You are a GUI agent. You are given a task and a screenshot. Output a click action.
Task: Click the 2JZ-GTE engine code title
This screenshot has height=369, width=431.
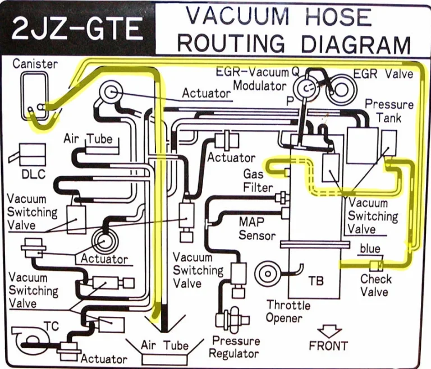click(77, 29)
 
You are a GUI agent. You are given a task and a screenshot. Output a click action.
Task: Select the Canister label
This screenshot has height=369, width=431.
click(35, 63)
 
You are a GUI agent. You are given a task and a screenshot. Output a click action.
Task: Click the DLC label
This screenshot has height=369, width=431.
click(33, 174)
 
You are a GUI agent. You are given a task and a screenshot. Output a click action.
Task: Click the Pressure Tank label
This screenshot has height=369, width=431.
click(389, 111)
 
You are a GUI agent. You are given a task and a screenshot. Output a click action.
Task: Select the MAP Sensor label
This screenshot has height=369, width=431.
click(257, 228)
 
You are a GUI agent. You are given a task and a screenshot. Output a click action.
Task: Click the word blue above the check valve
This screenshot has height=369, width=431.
click(370, 248)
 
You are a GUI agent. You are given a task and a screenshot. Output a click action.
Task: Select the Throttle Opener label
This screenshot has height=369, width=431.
click(288, 311)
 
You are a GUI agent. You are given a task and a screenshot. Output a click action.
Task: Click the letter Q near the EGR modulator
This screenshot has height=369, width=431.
click(295, 72)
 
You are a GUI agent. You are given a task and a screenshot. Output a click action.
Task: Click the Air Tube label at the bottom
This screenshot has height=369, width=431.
click(164, 345)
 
